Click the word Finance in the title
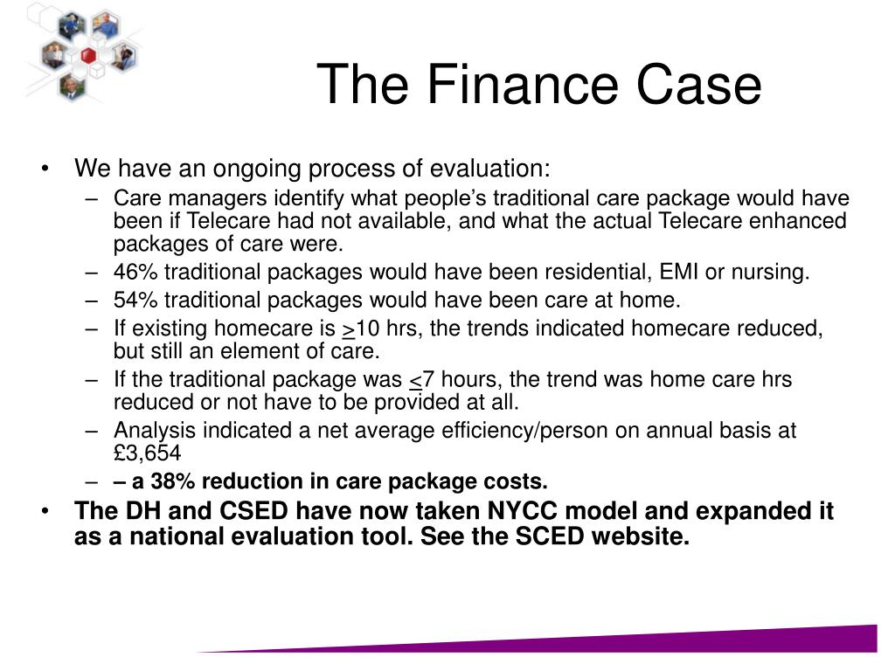coord(523,85)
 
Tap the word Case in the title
coord(698,85)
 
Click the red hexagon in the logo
coord(88,55)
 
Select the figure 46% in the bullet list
coord(135,272)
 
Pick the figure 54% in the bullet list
coord(135,300)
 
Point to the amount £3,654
coord(147,453)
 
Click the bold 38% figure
coord(172,481)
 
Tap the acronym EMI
coord(678,272)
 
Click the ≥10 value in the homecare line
coord(361,329)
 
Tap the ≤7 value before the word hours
coord(422,379)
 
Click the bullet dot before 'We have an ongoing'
coord(45,169)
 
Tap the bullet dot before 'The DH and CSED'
coord(45,510)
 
